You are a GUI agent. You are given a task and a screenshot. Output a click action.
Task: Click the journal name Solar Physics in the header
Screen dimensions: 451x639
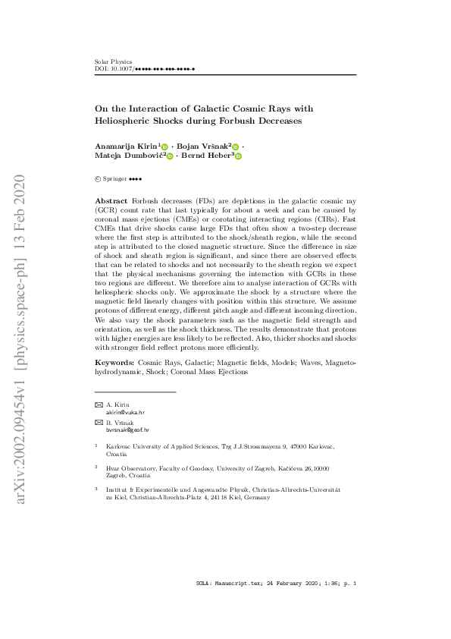click(113, 61)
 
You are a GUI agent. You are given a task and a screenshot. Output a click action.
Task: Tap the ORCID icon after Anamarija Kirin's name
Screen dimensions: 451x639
click(164, 146)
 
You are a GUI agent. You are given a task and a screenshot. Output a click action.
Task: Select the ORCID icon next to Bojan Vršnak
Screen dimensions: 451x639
click(235, 146)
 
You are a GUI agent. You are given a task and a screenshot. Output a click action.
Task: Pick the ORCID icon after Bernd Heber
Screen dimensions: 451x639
click(237, 156)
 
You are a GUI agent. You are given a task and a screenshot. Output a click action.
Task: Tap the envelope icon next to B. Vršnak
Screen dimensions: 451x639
click(98, 422)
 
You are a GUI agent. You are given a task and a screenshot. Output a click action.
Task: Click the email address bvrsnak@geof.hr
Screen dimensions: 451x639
click(127, 430)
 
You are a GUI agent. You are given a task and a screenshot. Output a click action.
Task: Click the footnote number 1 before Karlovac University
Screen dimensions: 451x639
click(96, 446)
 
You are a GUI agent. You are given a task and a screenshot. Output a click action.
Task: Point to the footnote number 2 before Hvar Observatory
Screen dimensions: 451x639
click(96, 467)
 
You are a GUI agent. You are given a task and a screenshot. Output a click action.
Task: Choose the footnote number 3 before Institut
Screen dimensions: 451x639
click(96, 489)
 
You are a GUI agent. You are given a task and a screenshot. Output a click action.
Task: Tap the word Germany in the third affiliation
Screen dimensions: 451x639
click(258, 498)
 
